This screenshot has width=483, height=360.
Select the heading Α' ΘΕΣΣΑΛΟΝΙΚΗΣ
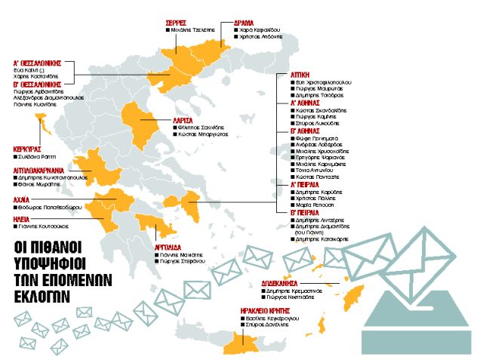pos(37,63)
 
